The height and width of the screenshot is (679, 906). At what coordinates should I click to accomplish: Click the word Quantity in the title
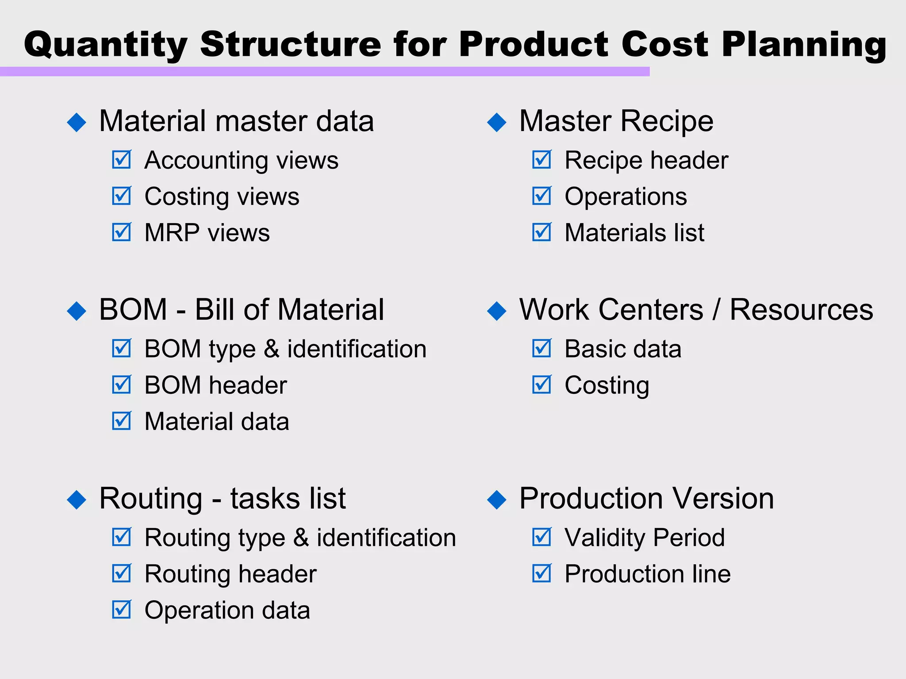(106, 45)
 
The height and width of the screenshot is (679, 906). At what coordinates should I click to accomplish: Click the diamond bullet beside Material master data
(77, 122)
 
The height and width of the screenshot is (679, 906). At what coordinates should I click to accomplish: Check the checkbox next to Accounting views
(121, 160)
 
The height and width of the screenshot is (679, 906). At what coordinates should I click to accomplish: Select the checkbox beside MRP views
(121, 232)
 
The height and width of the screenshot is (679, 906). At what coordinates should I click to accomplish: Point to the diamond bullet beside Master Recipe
(496, 122)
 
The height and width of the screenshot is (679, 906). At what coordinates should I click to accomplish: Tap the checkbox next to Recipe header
(541, 160)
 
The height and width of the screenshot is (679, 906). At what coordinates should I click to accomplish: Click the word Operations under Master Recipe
(626, 197)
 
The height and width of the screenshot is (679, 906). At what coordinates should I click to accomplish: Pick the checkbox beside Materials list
(541, 232)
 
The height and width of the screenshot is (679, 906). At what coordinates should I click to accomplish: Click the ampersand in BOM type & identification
(272, 349)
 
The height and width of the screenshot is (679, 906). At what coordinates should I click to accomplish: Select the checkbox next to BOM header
(121, 385)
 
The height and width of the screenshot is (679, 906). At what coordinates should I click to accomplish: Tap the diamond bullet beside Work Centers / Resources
(496, 311)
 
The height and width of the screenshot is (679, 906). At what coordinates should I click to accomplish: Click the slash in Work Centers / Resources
(716, 309)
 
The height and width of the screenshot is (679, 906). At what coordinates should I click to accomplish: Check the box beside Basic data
(541, 348)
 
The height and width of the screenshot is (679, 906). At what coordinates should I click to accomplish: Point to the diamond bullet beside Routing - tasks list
(77, 500)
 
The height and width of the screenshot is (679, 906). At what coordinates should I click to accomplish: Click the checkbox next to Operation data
(121, 610)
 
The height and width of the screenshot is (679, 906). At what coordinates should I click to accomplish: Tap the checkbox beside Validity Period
(541, 537)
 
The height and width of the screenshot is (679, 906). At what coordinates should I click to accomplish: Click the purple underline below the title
(325, 72)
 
